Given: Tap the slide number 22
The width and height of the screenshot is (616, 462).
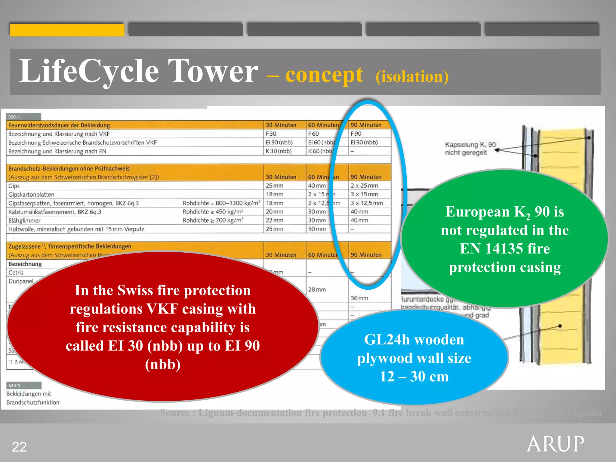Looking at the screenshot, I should [19, 447].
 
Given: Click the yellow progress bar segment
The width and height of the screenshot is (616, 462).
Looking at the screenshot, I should [67, 30].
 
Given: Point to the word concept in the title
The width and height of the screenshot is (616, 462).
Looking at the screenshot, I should [324, 75].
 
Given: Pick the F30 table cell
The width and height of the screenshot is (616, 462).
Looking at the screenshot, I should [271, 134].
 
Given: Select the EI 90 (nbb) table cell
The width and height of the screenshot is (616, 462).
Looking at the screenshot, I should [364, 142].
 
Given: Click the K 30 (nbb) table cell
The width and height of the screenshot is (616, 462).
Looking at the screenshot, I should [279, 151].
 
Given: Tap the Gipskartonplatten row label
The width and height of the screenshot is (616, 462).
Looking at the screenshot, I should [31, 195].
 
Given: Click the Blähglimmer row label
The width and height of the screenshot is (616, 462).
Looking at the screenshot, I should [24, 220].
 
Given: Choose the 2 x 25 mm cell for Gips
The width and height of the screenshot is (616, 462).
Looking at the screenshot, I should [364, 186].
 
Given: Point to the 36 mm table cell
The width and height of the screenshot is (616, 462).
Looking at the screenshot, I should [359, 298].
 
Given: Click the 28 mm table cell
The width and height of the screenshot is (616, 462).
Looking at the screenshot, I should [317, 289].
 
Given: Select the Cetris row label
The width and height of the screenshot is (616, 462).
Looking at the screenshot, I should [16, 273].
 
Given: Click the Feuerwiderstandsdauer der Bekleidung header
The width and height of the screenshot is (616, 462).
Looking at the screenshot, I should [59, 125].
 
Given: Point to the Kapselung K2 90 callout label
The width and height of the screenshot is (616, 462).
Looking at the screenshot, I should [470, 148].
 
